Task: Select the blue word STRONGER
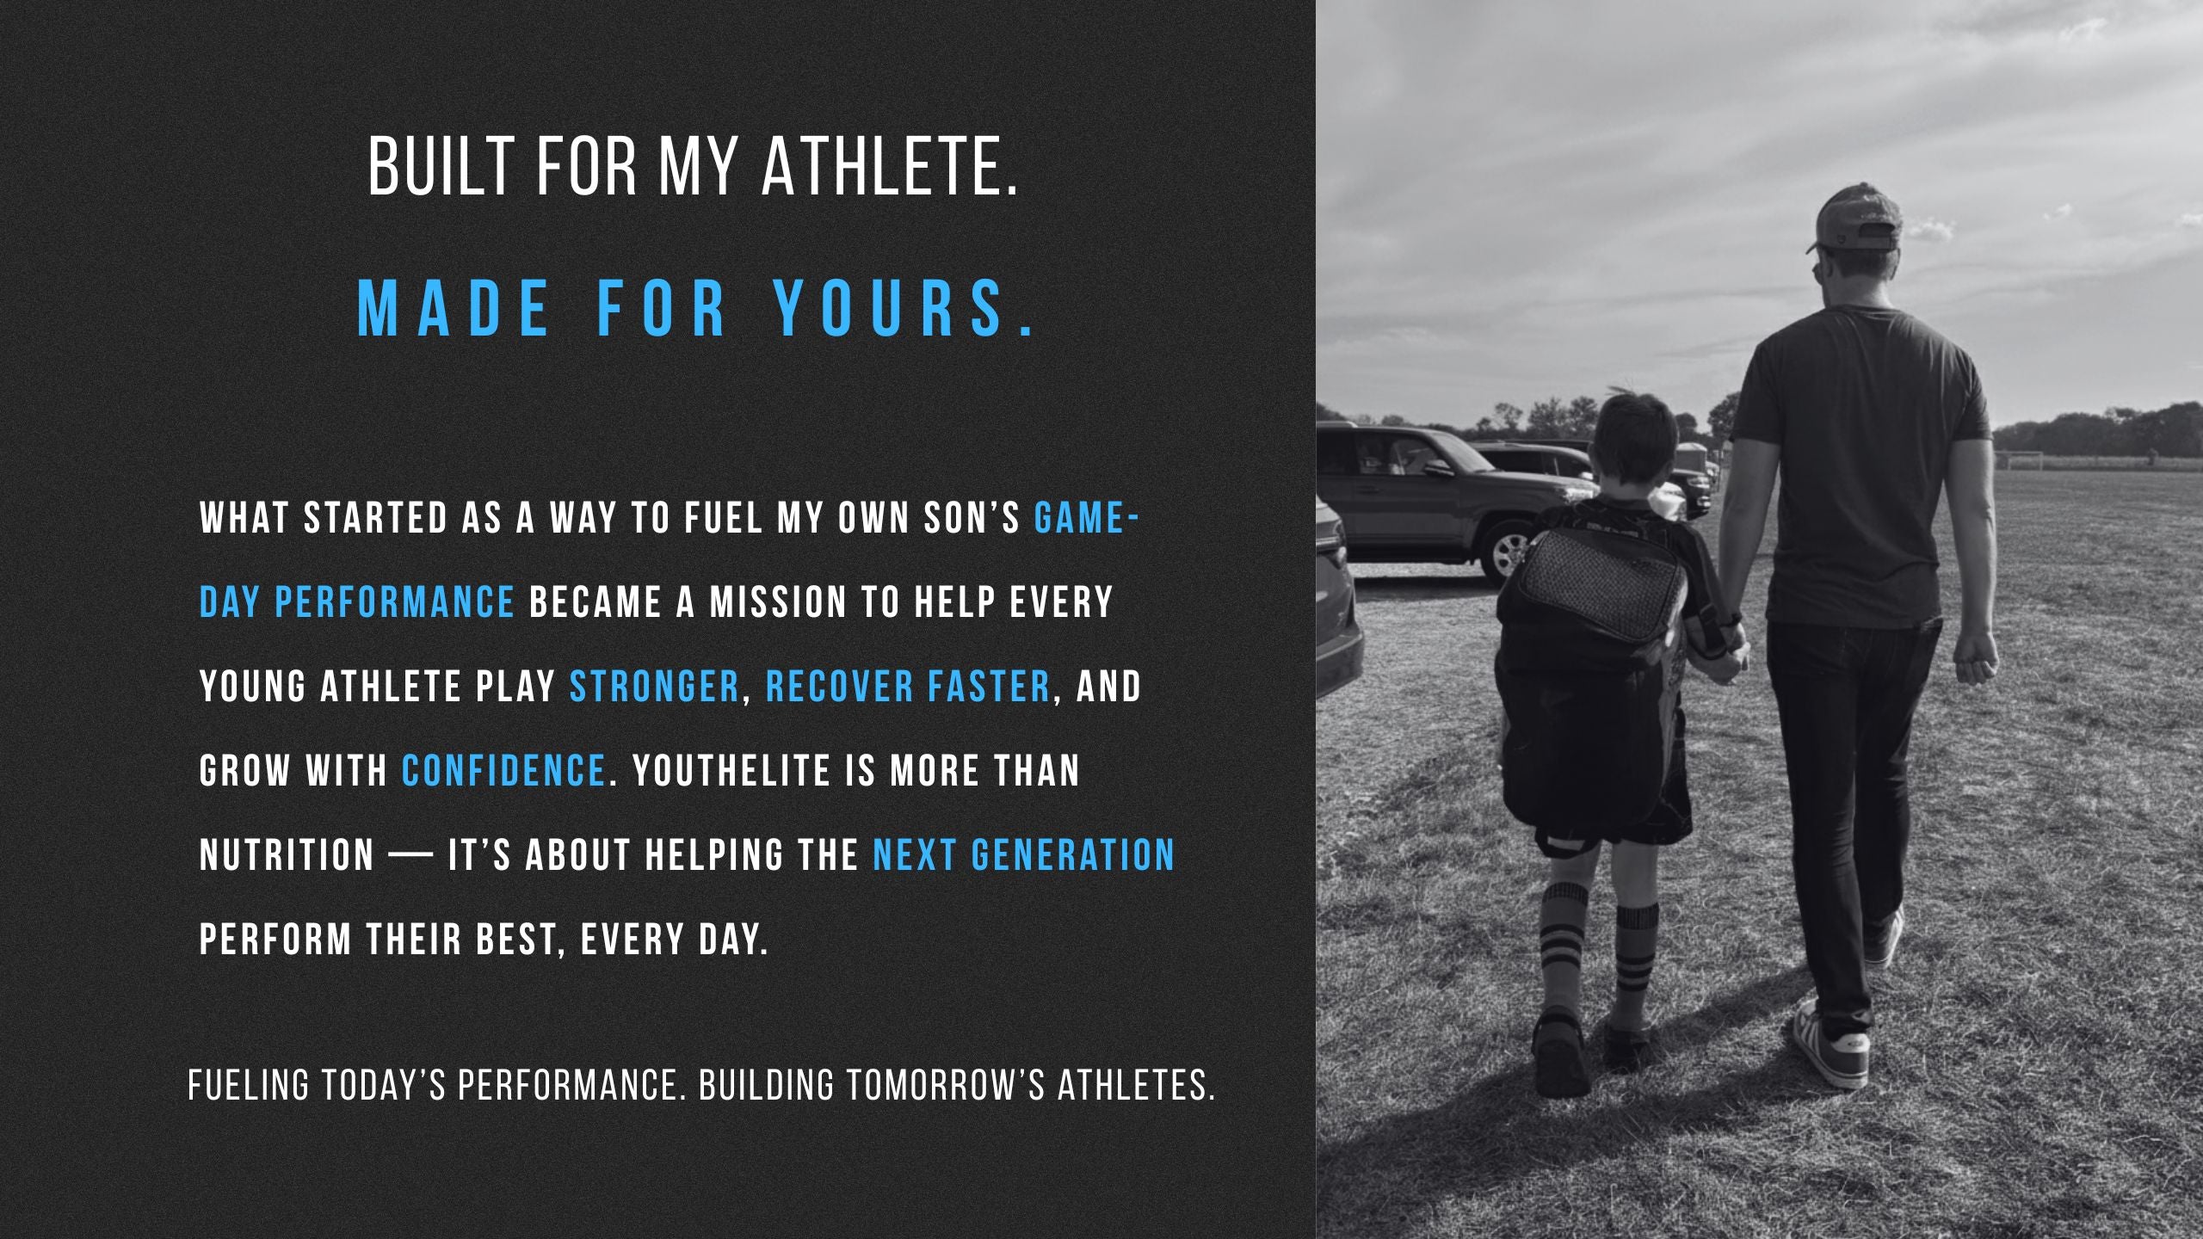coord(654,686)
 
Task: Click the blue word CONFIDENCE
coord(503,770)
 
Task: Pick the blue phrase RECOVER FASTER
coord(908,686)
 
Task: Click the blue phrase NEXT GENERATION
coord(1024,854)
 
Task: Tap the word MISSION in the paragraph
coord(779,601)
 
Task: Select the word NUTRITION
coord(287,854)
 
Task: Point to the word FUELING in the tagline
coord(248,1086)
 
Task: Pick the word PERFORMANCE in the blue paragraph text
coord(395,601)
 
